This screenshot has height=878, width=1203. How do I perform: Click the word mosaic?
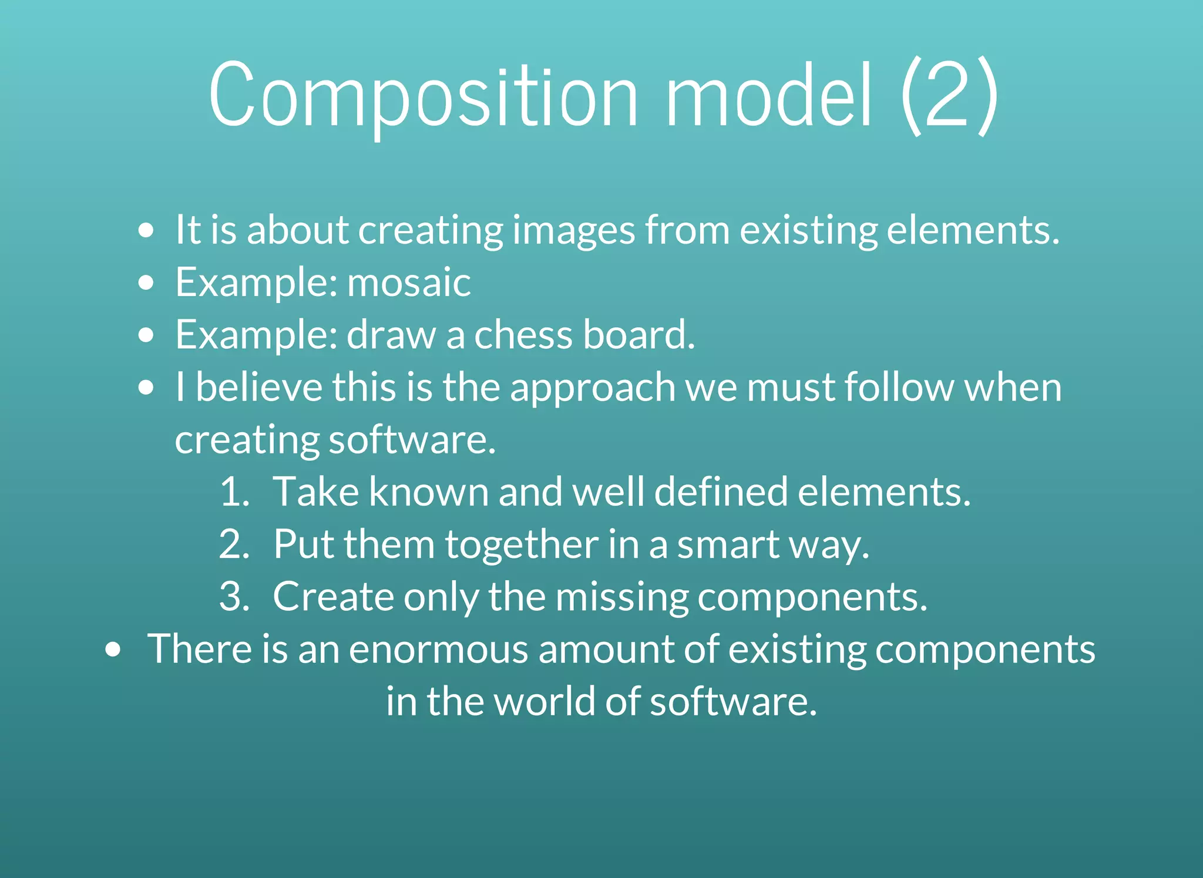click(409, 282)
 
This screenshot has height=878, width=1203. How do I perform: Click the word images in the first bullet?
click(573, 230)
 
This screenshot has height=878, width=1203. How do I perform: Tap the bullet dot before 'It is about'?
click(146, 230)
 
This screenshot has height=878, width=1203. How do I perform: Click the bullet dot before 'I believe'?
click(146, 388)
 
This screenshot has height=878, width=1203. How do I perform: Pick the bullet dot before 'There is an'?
click(113, 650)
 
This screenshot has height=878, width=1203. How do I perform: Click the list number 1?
click(233, 492)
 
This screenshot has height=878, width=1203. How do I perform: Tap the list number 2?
click(233, 544)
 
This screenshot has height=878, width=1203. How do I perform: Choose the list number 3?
click(233, 597)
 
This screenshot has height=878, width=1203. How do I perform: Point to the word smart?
click(728, 544)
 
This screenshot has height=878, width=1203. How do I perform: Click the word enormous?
click(439, 650)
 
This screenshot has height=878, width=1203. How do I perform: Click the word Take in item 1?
click(316, 492)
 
